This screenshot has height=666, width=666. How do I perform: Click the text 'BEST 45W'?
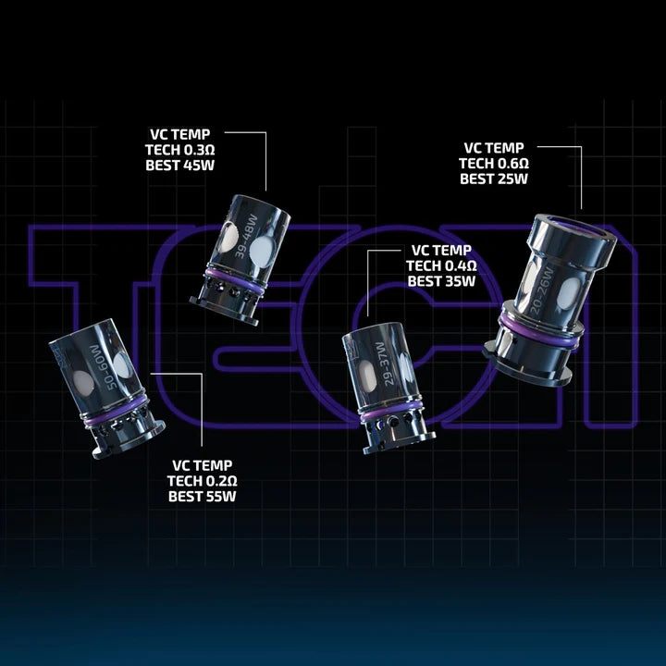click(180, 166)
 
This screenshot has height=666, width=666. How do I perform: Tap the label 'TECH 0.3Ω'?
click(179, 150)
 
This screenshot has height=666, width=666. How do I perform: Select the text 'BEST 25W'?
click(494, 179)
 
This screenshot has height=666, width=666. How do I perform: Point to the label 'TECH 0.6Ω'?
click(494, 164)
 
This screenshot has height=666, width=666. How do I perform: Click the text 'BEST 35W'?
click(441, 281)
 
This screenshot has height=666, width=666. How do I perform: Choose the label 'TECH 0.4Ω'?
click(441, 265)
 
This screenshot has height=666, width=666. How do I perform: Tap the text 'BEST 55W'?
click(203, 496)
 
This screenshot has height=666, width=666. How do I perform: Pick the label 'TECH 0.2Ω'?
click(203, 481)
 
